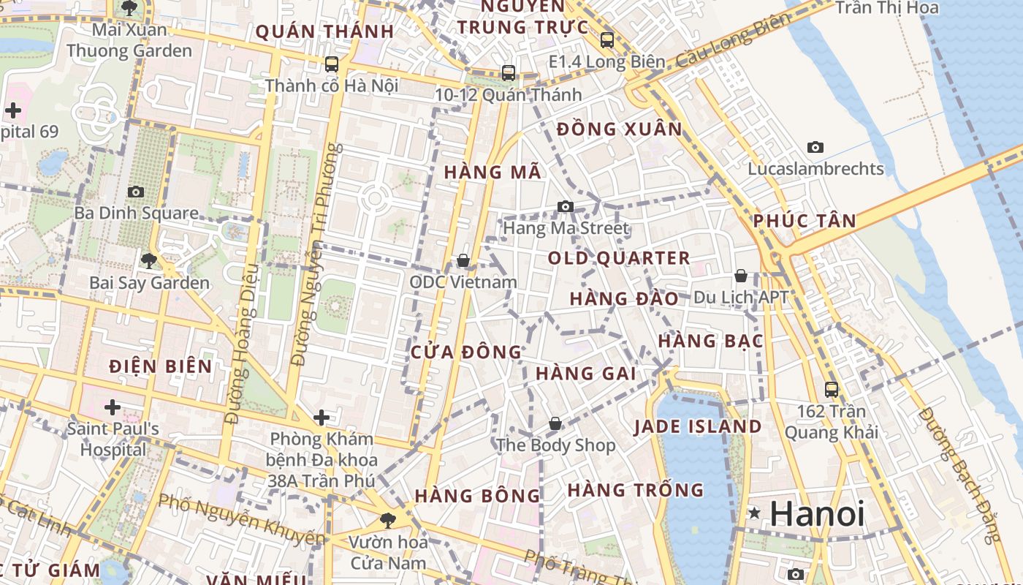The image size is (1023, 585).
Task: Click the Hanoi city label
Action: [817, 514]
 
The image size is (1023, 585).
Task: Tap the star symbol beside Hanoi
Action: [754, 514]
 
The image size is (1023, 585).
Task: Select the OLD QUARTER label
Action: [619, 258]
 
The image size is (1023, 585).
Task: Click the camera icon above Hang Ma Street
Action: [565, 207]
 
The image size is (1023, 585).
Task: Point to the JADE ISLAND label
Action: [697, 427]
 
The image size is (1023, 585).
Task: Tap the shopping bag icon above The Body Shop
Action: [555, 423]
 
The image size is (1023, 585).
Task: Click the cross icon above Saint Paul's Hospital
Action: [113, 407]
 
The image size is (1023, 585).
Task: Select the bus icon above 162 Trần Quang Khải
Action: [832, 389]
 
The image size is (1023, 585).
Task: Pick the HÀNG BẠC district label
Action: [710, 341]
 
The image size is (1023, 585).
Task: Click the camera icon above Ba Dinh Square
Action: [135, 192]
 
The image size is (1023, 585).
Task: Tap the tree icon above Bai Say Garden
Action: [148, 260]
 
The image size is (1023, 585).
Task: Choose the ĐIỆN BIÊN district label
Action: [161, 366]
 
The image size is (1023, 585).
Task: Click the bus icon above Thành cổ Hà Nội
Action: [332, 64]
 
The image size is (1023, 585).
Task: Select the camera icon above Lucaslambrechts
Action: [815, 147]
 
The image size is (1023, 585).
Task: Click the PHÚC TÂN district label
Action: [804, 221]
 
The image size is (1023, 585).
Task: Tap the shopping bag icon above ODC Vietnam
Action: [463, 260]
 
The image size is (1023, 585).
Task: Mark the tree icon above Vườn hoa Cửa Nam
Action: [387, 521]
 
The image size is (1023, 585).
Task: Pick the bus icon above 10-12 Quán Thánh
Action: [509, 73]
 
